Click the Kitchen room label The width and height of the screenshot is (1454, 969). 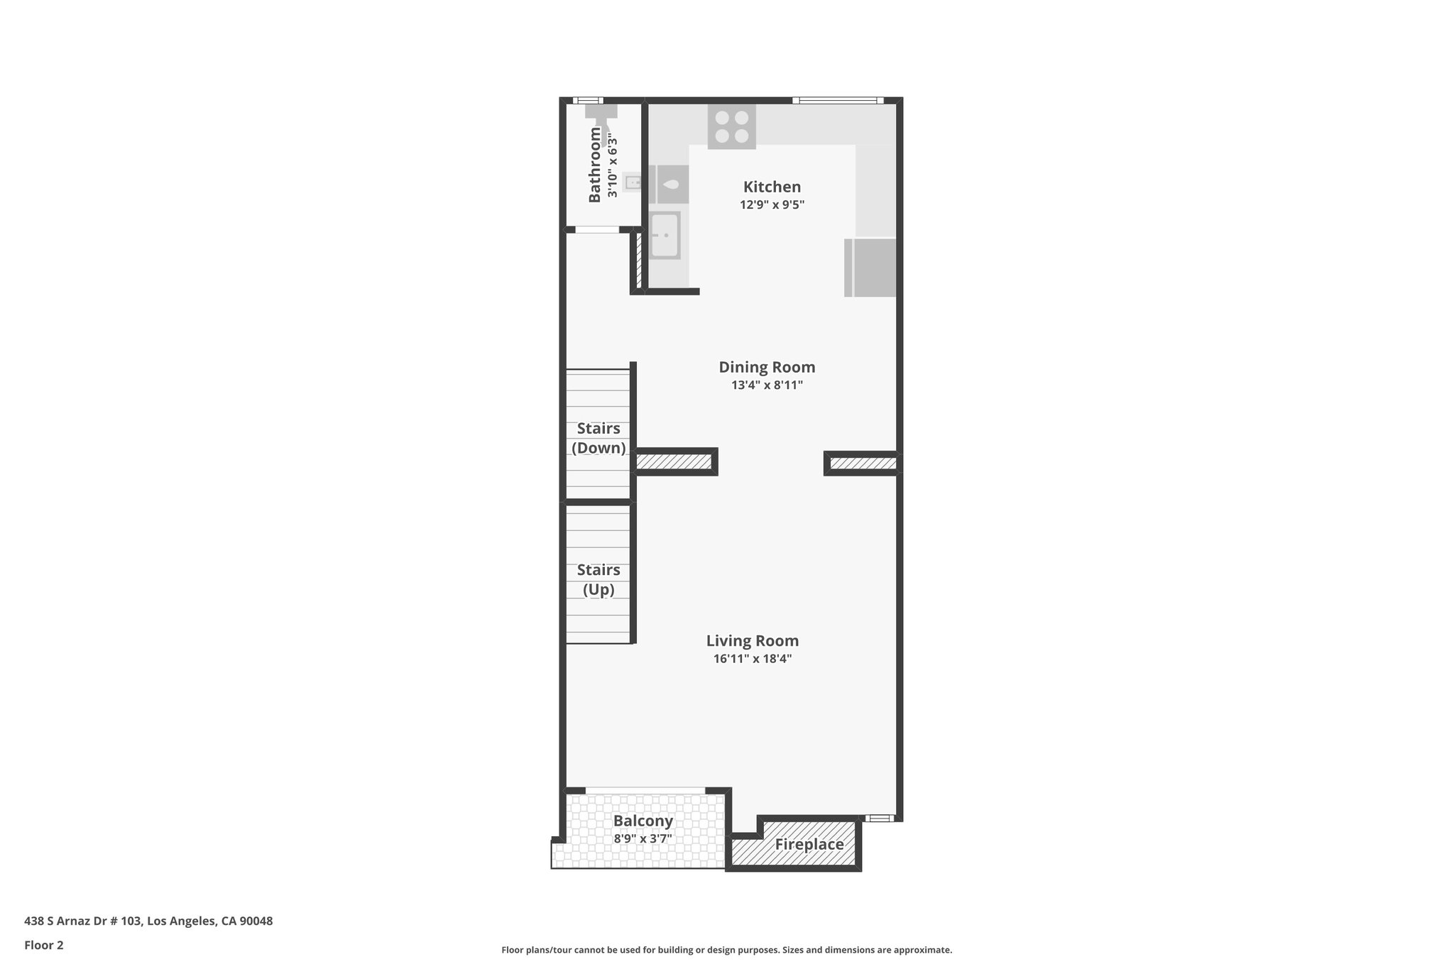point(772,187)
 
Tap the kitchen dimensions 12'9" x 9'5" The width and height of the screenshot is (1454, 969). point(772,205)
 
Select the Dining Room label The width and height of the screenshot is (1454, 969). point(767,367)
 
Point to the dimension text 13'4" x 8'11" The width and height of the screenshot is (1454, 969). point(767,385)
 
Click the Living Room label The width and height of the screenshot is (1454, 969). point(752,640)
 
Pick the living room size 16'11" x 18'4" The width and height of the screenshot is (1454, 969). point(752,659)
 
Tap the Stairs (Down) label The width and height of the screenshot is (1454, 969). point(598,438)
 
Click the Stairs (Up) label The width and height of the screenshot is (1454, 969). point(598,579)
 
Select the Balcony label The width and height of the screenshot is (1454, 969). point(643,821)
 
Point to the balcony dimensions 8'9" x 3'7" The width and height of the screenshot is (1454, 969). point(643,839)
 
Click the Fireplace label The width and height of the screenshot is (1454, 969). point(809,845)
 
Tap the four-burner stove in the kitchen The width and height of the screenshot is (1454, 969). point(731,128)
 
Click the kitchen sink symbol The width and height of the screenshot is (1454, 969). point(665,235)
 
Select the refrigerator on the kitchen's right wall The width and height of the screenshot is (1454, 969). point(870,268)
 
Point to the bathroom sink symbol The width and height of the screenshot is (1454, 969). point(633,182)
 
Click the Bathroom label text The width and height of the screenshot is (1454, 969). point(595,165)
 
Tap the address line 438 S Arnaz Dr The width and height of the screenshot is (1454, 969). point(148,921)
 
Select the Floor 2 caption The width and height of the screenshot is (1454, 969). point(43,945)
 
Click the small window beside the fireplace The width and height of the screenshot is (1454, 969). point(880,818)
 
